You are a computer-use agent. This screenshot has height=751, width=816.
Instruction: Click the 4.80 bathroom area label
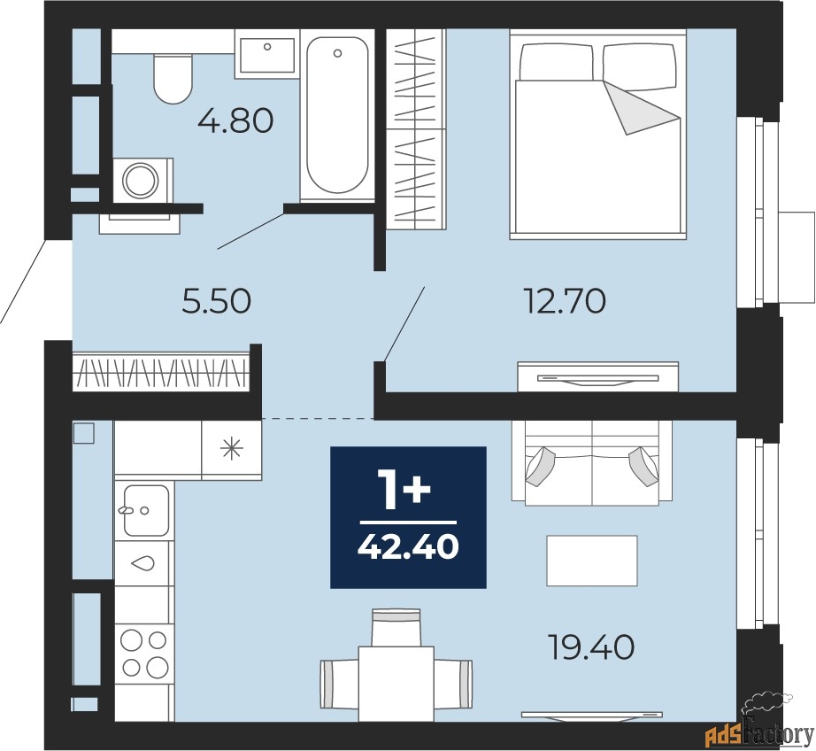pos(235,121)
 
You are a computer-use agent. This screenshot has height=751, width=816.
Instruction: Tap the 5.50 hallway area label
pos(217,301)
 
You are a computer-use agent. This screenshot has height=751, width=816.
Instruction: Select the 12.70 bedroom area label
pos(566,301)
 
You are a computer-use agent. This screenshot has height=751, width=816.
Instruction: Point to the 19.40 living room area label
pos(592,648)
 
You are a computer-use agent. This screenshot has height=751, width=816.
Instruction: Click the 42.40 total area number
pos(408,547)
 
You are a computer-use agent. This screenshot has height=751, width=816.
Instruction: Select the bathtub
pos(337,116)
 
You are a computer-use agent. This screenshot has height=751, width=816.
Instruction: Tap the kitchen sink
pos(144,510)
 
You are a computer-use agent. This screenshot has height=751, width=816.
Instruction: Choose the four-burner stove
pos(144,653)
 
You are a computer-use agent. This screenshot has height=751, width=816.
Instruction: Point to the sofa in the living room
pos(592,462)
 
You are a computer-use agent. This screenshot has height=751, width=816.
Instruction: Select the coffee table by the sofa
pos(592,561)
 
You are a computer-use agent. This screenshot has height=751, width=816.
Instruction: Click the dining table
pos(396,684)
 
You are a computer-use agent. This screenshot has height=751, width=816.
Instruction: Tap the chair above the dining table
pos(396,628)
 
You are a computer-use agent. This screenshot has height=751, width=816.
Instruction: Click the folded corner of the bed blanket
pos(642,108)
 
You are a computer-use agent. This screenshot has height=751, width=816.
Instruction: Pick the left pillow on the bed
pos(557,62)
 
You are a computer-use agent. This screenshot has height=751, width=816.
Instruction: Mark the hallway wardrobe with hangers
pos(161,372)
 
